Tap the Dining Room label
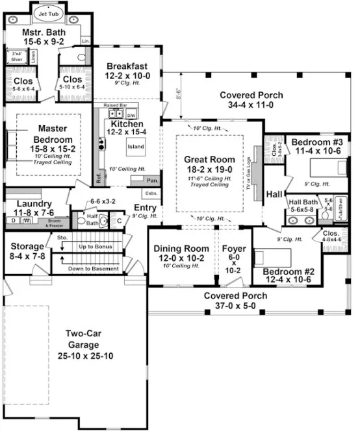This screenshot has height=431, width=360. pos(181,249)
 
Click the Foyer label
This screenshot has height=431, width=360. pos(235,249)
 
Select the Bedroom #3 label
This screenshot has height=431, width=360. pos(316,142)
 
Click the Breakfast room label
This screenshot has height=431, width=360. pos(127,66)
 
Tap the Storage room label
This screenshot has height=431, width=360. pos(26,247)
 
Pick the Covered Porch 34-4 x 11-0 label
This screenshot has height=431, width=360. pos(246,94)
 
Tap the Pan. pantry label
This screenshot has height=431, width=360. pos(153,180)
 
